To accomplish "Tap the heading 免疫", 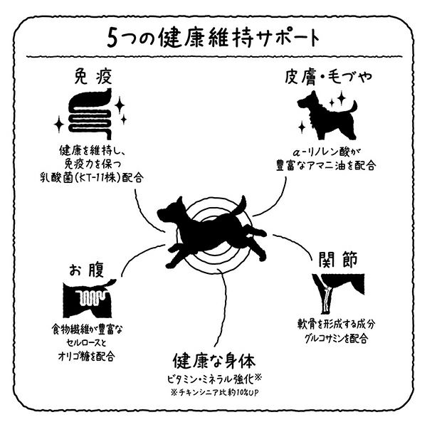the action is coord(93,76).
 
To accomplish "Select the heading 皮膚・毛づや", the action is coord(328,77).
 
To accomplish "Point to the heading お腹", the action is coord(87,270).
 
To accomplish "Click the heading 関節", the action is coord(337,259).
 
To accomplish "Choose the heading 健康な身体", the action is coord(214,361).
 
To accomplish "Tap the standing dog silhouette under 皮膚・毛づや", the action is coord(327,115).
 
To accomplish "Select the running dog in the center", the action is coord(211,231).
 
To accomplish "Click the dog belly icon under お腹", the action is coord(89,298).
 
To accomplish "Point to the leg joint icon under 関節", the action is coord(338,293).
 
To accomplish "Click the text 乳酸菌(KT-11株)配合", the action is coord(92,177).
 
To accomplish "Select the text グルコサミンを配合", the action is coord(337,338).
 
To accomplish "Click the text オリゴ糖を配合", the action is coord(86,357).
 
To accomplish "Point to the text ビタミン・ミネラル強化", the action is coord(211,379).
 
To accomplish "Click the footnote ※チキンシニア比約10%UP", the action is coord(214,392).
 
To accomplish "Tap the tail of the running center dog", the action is coord(241,205).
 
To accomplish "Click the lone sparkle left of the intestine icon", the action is coord(59,125).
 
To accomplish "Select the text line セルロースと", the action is coord(86,343).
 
